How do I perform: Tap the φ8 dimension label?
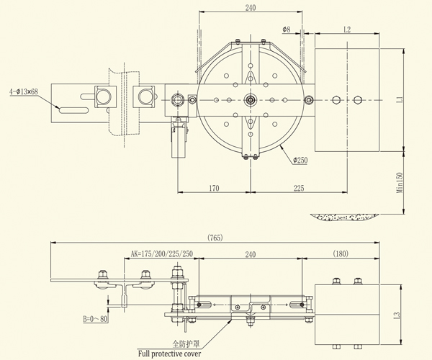click(287, 30)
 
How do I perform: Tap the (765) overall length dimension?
click(215, 237)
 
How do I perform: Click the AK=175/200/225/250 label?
click(162, 254)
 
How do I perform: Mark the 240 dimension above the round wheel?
click(251, 8)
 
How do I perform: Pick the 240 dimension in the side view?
click(250, 254)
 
